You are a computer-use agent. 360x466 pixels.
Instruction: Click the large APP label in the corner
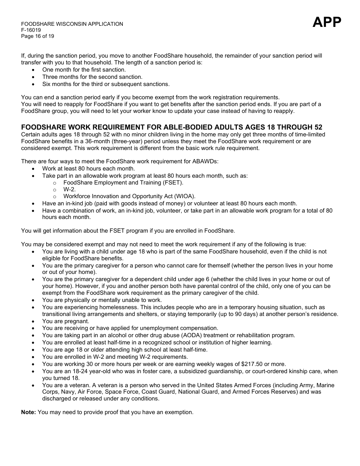coord(327,22)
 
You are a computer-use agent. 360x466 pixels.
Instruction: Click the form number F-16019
coord(31,30)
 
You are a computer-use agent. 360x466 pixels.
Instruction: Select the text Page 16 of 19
coord(38,36)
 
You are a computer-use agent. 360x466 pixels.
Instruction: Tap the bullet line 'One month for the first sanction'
coord(84,70)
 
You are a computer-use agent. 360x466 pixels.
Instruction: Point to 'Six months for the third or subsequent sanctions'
coord(106,84)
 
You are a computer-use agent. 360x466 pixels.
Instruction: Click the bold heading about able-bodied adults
coord(171,127)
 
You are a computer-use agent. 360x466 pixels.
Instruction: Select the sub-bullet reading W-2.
coord(69,189)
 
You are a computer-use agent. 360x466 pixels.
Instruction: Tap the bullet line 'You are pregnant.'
coord(66,321)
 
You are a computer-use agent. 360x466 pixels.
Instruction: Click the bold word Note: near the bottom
coord(28,412)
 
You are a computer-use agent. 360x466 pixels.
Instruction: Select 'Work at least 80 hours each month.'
coord(88,169)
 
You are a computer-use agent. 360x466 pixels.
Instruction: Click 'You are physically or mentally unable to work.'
coord(102,300)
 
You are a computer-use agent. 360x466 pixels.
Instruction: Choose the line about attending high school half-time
coord(125,350)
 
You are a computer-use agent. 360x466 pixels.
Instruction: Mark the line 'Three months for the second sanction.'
coord(92,77)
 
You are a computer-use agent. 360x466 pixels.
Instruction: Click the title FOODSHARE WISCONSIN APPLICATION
coord(72,24)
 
